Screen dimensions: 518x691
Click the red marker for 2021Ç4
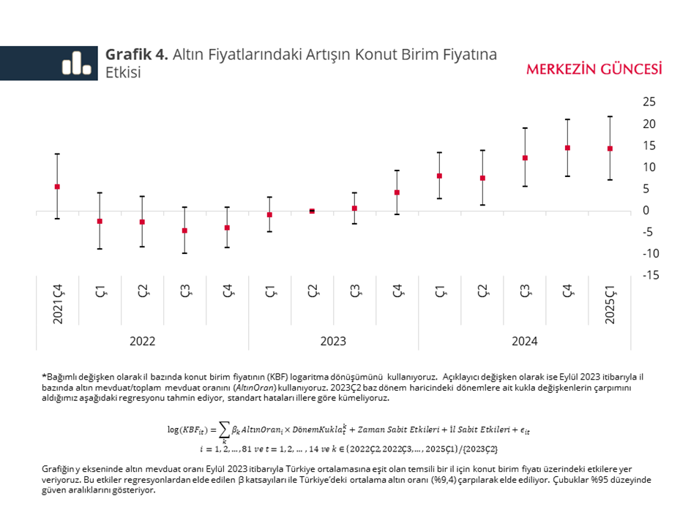point(57,187)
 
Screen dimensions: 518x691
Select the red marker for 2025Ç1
point(610,149)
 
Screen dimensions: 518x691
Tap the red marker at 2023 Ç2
point(312,211)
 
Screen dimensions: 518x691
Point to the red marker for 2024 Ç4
point(567,148)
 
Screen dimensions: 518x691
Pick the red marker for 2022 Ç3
point(184,230)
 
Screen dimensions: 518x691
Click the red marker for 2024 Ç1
point(439,176)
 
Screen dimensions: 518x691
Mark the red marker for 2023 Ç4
point(397,192)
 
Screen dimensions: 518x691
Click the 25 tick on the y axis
point(649,102)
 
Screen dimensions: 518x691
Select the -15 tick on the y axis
point(648,275)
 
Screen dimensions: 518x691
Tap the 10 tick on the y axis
point(649,168)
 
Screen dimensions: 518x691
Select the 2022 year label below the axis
point(142,341)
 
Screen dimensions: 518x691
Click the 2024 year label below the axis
point(524,341)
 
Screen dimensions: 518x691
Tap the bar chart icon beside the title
point(76,63)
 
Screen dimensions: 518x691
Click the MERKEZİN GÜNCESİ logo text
point(594,70)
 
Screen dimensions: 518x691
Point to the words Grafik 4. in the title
point(137,55)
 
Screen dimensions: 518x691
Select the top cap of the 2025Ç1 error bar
point(610,116)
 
